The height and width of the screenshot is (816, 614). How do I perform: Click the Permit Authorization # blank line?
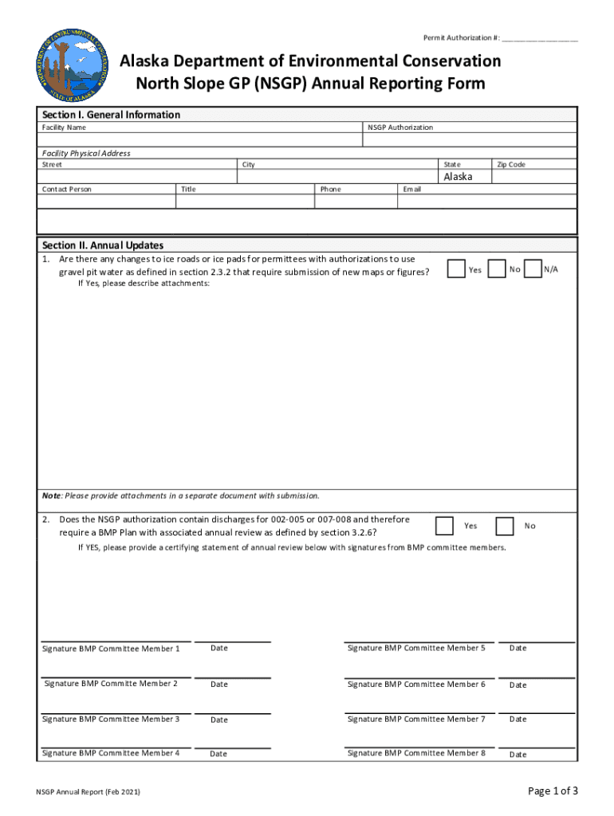pos(540,39)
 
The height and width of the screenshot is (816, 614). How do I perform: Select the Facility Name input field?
pos(199,140)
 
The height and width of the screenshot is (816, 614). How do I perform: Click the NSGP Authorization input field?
pos(469,140)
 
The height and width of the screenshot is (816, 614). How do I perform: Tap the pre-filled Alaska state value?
pos(458,177)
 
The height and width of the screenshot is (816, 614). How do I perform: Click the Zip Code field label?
pos(511,164)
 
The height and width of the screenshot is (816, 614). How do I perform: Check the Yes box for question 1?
pos(456,270)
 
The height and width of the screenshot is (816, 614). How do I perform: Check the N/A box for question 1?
pos(533,270)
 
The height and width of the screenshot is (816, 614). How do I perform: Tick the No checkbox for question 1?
pos(496,270)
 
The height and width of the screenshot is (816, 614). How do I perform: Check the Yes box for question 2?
pos(444,526)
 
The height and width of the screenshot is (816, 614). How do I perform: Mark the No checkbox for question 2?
pos(504,526)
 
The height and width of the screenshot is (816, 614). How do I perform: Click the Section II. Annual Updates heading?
pos(102,245)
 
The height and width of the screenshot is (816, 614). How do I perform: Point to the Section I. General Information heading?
pos(111,115)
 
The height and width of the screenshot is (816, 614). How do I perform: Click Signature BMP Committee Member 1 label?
pos(111,649)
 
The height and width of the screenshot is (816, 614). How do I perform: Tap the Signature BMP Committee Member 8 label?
pos(416,753)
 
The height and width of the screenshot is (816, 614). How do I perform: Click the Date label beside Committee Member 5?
pos(518,648)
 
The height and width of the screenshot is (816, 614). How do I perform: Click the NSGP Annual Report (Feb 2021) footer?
pos(89,792)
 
